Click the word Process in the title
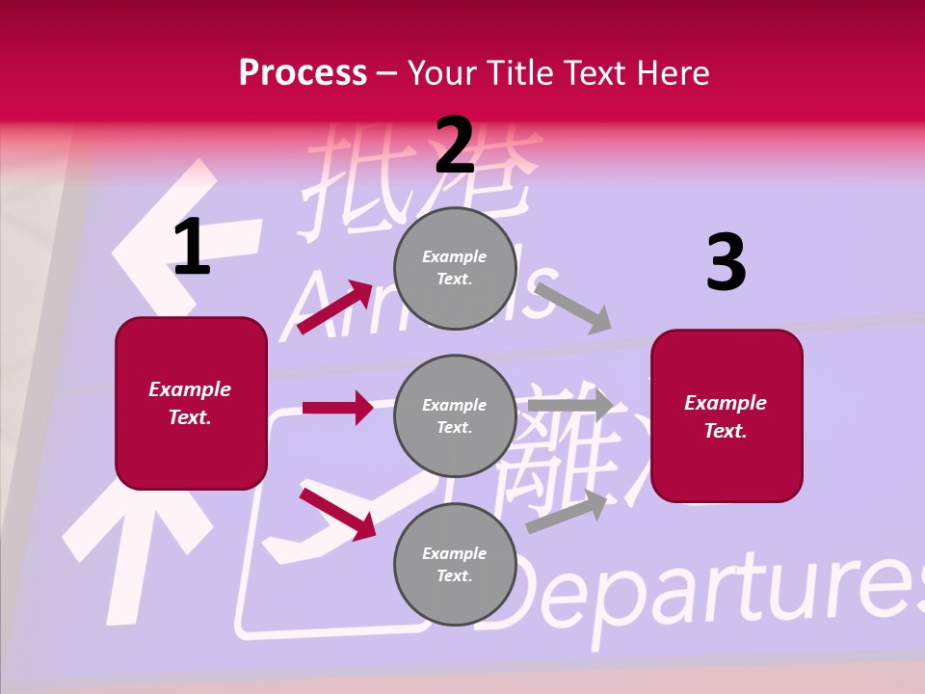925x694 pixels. pyautogui.click(x=303, y=73)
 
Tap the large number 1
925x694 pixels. pyautogui.click(x=192, y=247)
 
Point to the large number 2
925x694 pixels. pyautogui.click(x=455, y=145)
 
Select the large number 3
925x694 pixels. pyautogui.click(x=726, y=262)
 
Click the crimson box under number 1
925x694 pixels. pyautogui.click(x=191, y=403)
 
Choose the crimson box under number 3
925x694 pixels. pyautogui.click(x=727, y=416)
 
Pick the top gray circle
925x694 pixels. pyautogui.click(x=455, y=268)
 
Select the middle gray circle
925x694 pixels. pyautogui.click(x=455, y=416)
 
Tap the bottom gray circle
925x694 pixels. pyautogui.click(x=455, y=565)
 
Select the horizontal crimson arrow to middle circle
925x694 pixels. pyautogui.click(x=337, y=408)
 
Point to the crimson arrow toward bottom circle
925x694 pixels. pyautogui.click(x=338, y=514)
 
